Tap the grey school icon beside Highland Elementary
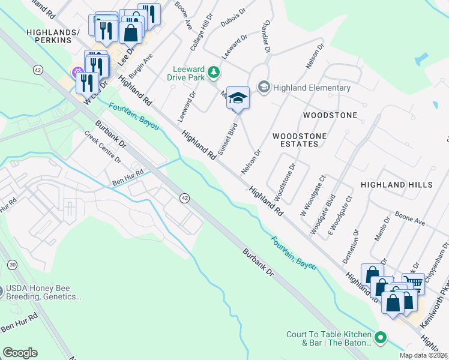pos(264,88)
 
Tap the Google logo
pos(20,353)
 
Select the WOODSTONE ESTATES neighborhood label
pos(300,140)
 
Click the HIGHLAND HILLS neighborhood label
pos(396,185)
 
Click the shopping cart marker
pos(413,283)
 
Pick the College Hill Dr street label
pos(201,33)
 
